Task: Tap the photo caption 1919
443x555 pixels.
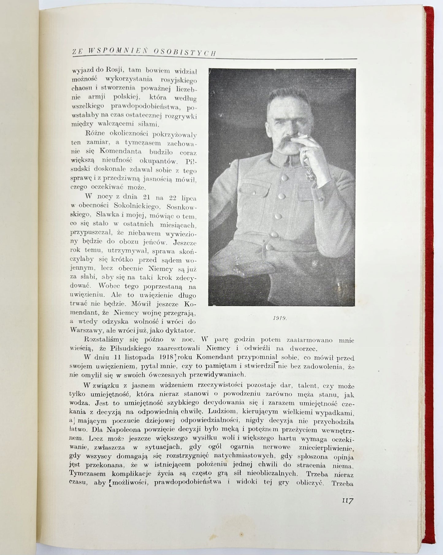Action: tap(279, 318)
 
